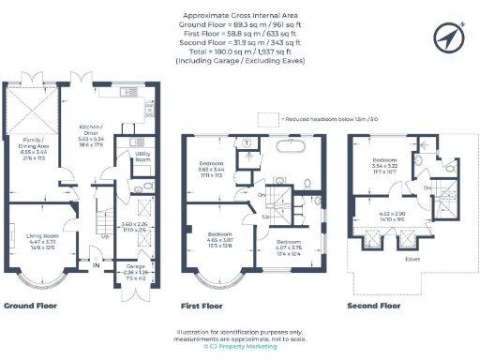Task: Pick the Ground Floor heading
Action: point(32,306)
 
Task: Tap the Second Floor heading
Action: point(373,306)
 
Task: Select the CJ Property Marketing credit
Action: point(240,347)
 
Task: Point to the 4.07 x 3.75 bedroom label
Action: point(290,247)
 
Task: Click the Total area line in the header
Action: point(240,52)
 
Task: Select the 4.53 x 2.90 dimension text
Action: point(392,216)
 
